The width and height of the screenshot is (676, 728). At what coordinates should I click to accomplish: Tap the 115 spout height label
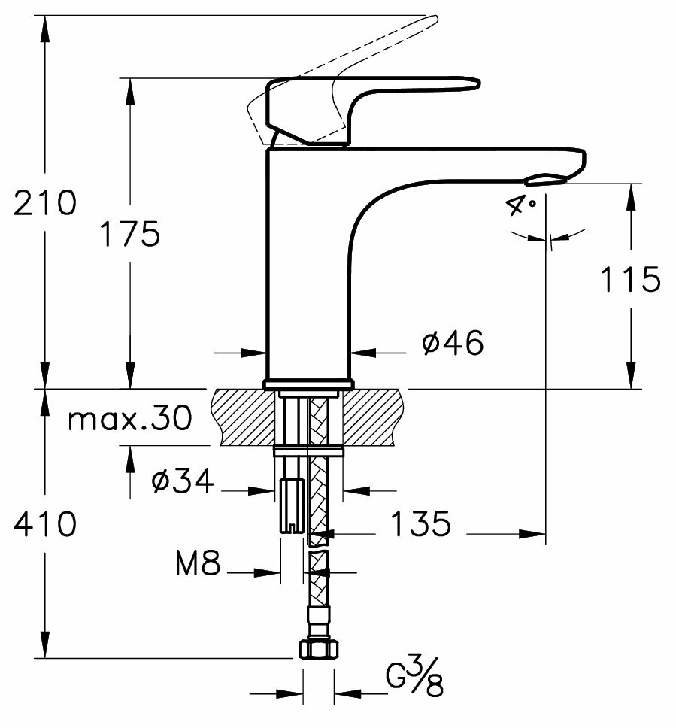[x=630, y=280]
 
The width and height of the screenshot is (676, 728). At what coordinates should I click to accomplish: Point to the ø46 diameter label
[x=452, y=344]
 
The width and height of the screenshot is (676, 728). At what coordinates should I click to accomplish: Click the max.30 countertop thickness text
[x=129, y=419]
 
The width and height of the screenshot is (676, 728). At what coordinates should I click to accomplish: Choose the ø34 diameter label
[x=183, y=479]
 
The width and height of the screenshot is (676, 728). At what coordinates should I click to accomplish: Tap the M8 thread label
[x=199, y=564]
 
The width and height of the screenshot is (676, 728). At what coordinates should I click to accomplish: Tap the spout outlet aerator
[x=547, y=179]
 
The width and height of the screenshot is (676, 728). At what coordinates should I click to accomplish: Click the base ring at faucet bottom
[x=308, y=384]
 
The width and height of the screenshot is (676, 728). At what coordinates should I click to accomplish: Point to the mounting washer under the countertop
[x=309, y=451]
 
